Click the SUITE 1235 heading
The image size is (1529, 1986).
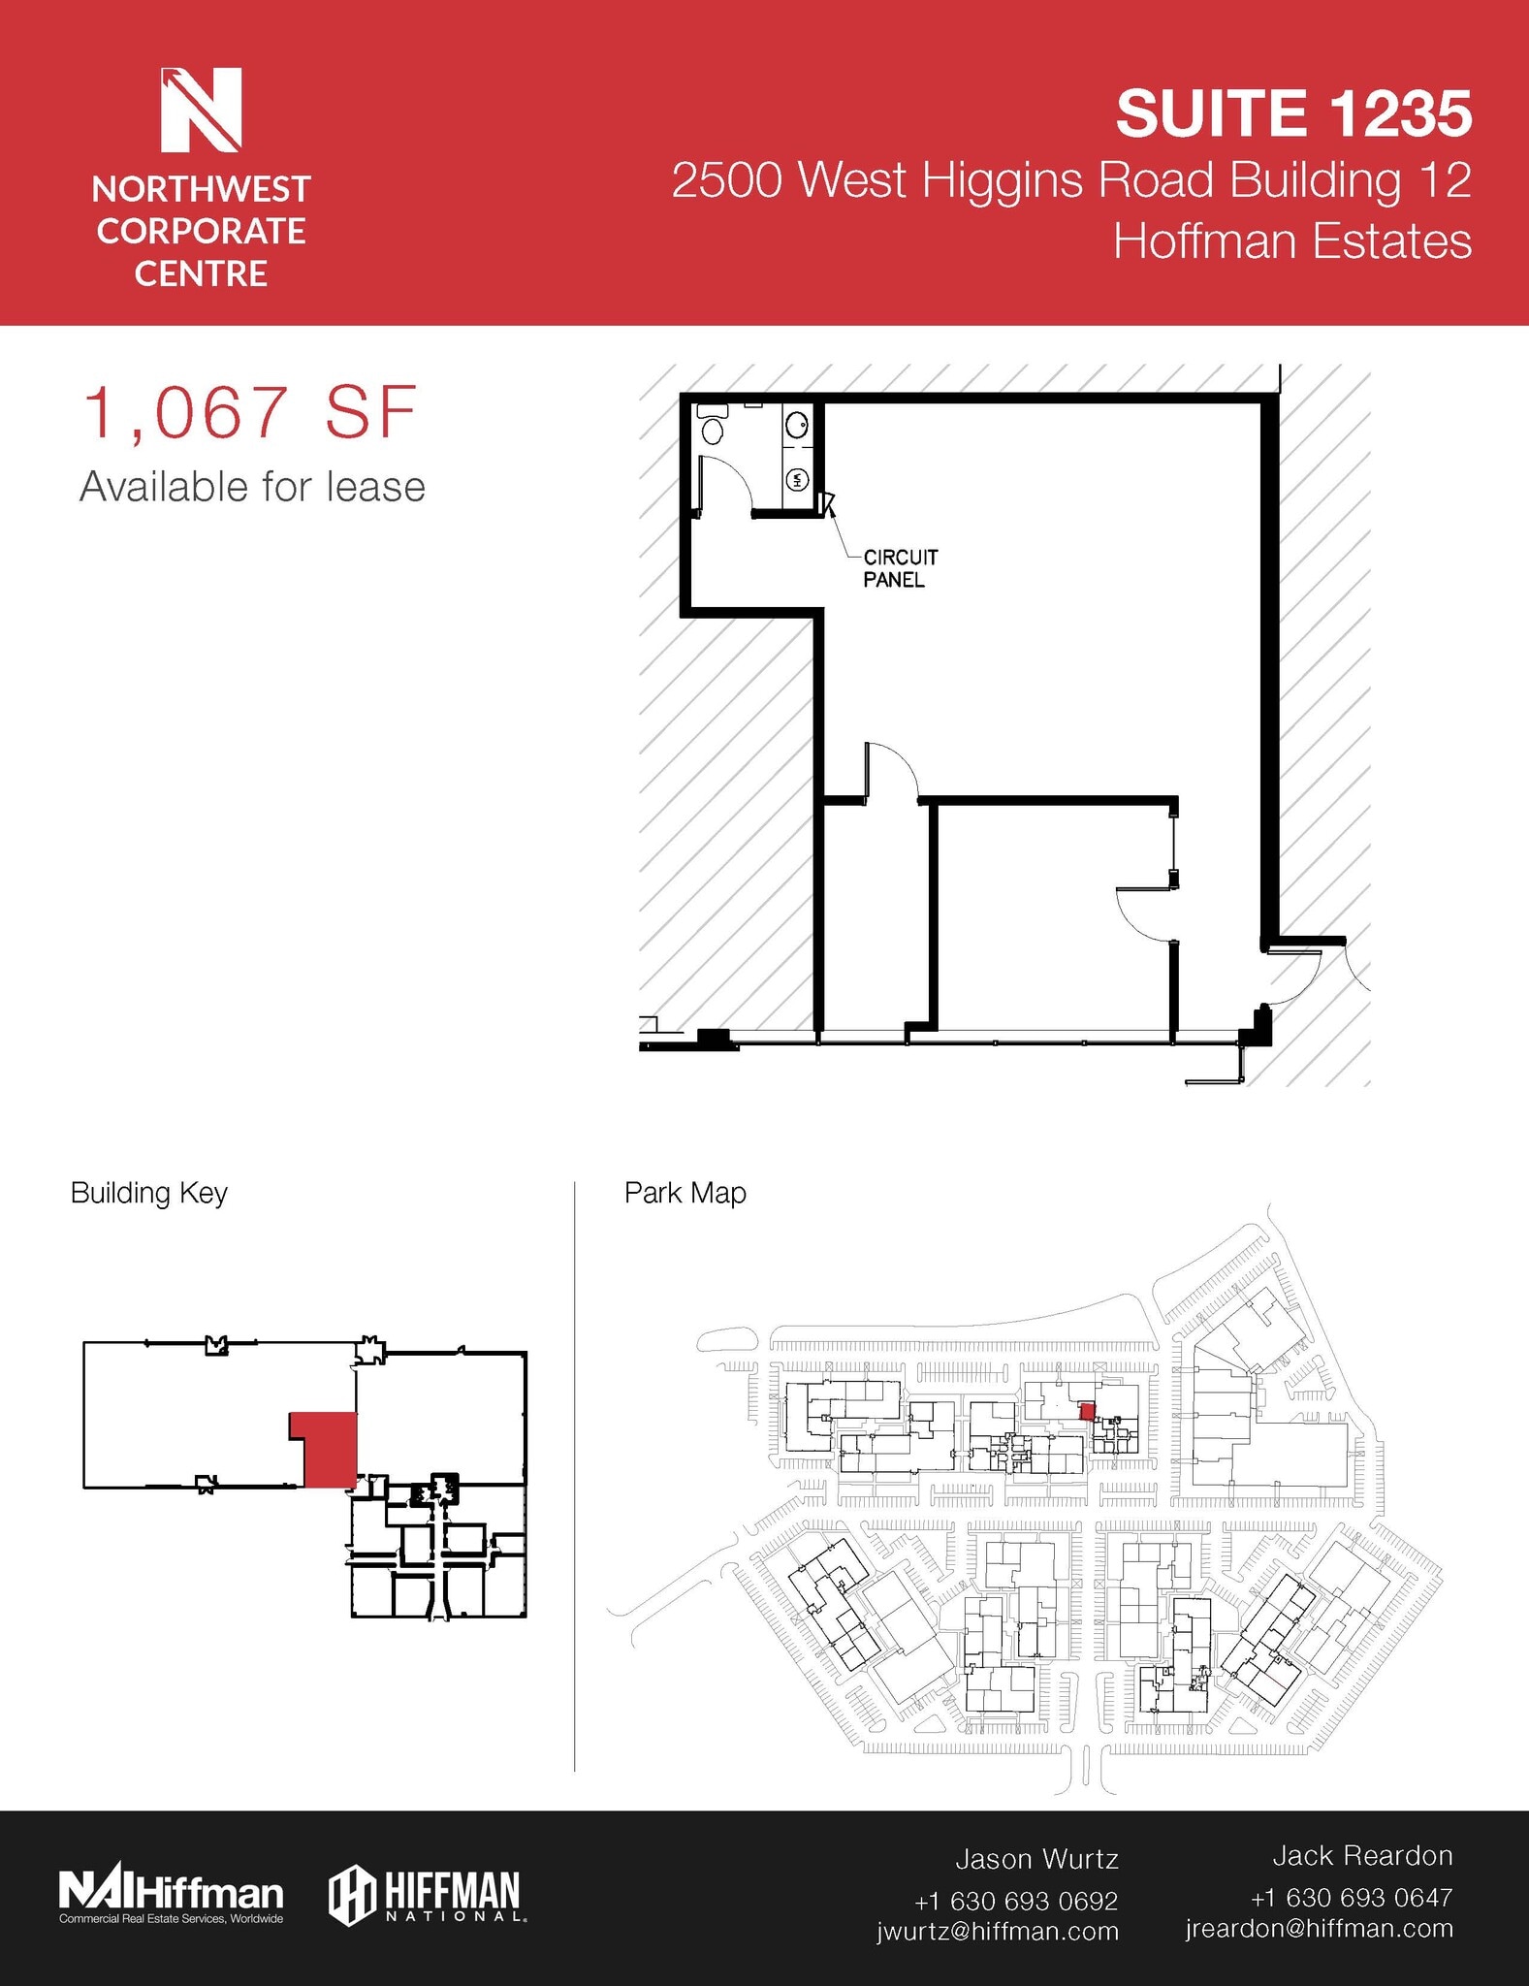pyautogui.click(x=1293, y=113)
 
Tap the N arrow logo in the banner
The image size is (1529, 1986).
pyautogui.click(x=201, y=110)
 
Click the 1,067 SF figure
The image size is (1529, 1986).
pyautogui.click(x=250, y=413)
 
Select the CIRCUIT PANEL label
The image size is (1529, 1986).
pyautogui.click(x=900, y=568)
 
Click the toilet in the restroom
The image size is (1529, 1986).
pyautogui.click(x=713, y=426)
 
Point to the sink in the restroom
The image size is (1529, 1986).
pyautogui.click(x=797, y=424)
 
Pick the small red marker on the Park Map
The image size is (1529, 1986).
pyautogui.click(x=1087, y=1412)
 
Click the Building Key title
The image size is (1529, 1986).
pyautogui.click(x=148, y=1193)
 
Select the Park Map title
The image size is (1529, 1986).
pyautogui.click(x=685, y=1193)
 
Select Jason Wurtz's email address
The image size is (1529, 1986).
pyautogui.click(x=998, y=1931)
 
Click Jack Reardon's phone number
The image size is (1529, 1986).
pyautogui.click(x=1351, y=1897)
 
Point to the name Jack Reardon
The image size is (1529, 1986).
pyautogui.click(x=1361, y=1855)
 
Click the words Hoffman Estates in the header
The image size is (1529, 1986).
pyautogui.click(x=1291, y=241)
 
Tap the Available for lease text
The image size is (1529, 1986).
pyautogui.click(x=252, y=487)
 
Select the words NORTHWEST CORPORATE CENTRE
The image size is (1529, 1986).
pyautogui.click(x=201, y=231)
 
